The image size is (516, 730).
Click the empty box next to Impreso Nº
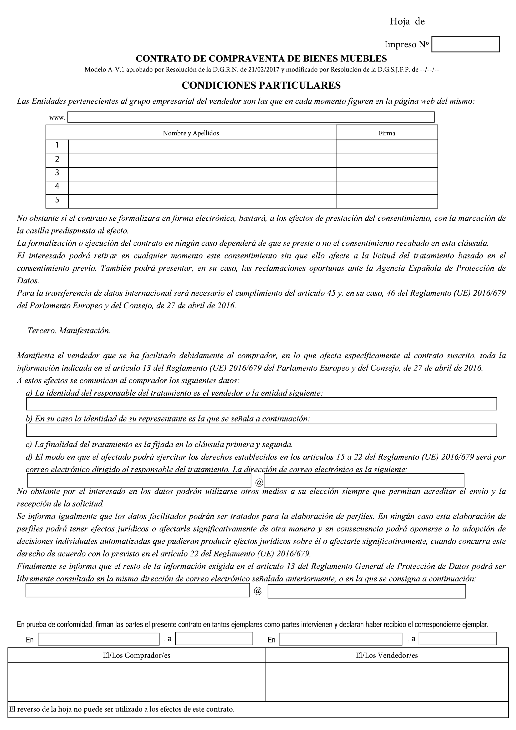pos(466,44)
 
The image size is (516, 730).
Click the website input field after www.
pos(251,117)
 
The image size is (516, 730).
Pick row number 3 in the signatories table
pos(57,173)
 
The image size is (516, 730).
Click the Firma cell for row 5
pos(387,201)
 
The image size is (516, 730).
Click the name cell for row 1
pos(202,147)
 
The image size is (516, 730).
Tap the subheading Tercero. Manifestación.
pos(69,331)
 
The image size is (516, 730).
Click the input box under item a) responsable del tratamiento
pos(261,404)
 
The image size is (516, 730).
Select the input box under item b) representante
pos(261,430)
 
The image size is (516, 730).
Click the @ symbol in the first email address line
pos(259,483)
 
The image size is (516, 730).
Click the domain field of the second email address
pos(366,591)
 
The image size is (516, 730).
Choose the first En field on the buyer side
pos(99,639)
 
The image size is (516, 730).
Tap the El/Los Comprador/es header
pos(136,656)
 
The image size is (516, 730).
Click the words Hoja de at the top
pos(407,22)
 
